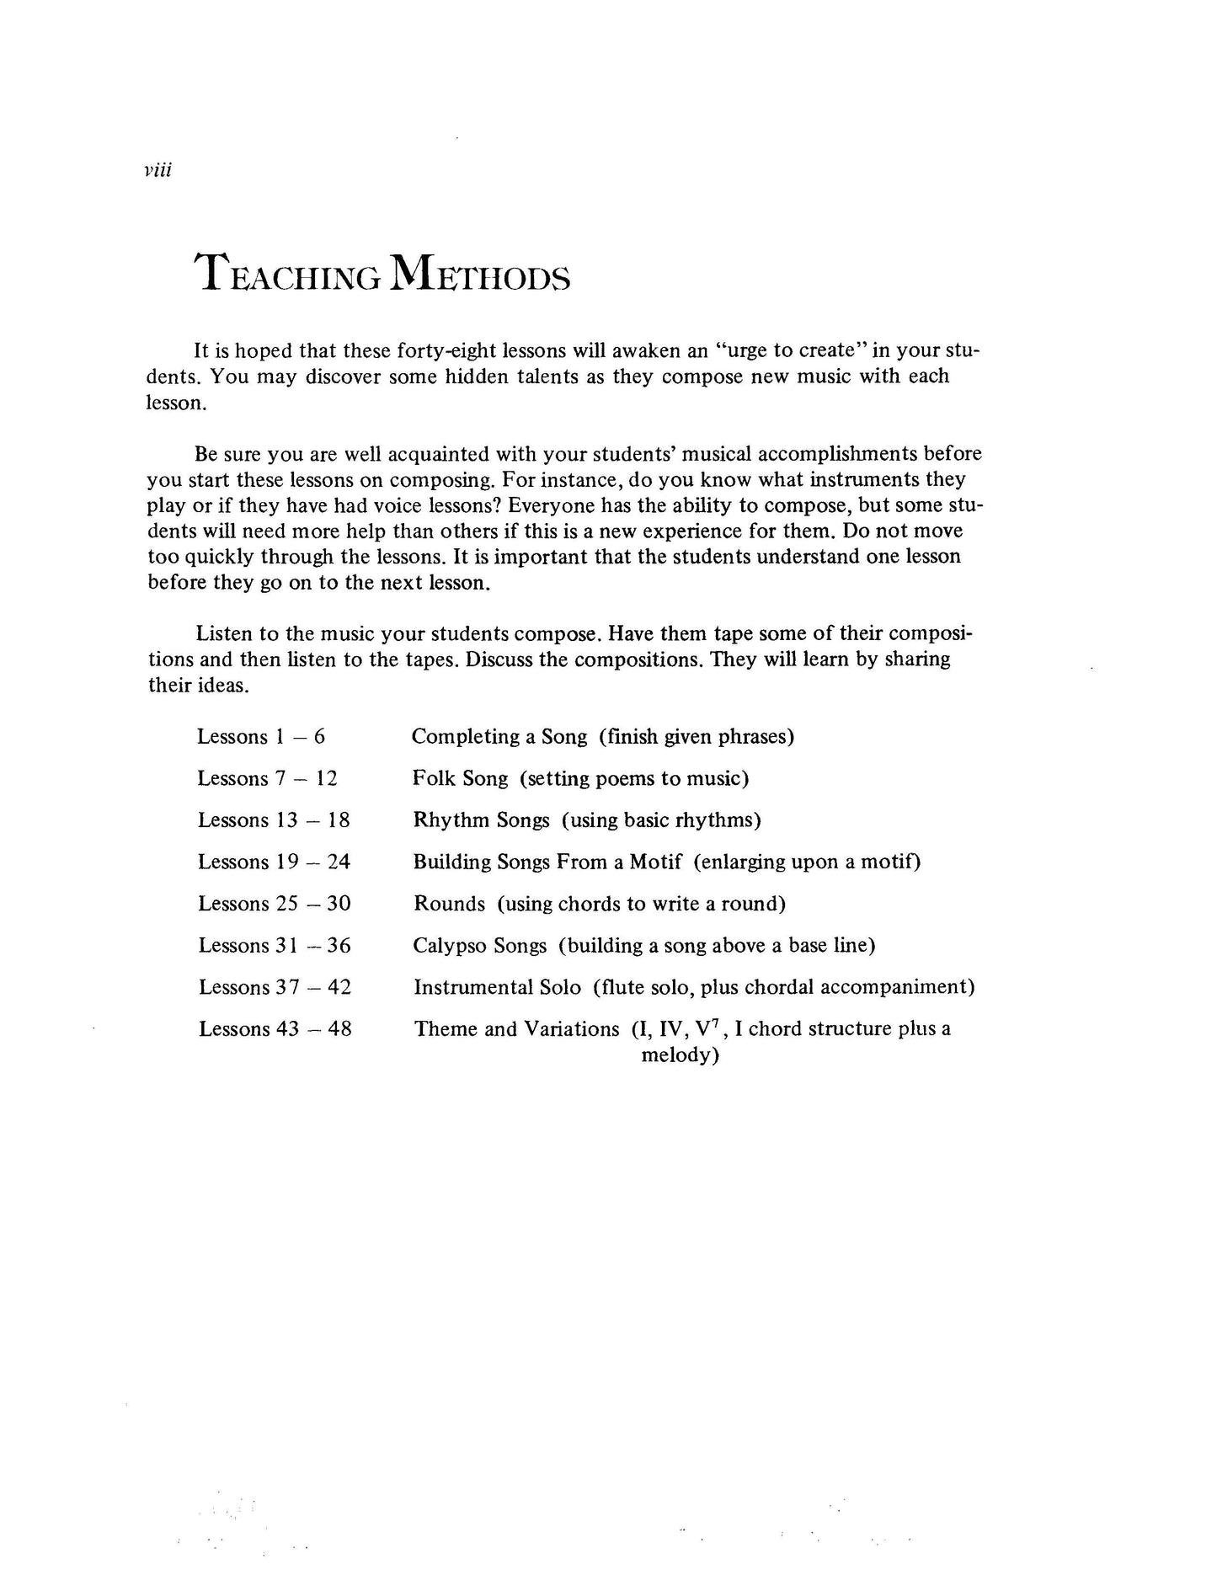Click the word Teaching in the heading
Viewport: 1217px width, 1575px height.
coord(286,275)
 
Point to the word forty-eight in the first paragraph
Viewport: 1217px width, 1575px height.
coord(436,350)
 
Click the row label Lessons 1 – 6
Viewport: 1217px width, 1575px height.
coord(261,737)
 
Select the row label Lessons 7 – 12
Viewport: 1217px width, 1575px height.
coord(267,778)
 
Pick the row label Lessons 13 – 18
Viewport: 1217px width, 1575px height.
coord(274,820)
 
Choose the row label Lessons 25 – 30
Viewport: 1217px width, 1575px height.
coord(275,904)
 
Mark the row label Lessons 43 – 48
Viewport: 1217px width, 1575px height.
coord(275,1028)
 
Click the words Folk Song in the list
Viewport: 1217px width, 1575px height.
coord(460,778)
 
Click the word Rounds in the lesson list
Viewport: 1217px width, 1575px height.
coord(449,904)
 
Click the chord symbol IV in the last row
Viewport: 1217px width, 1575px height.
coord(669,1028)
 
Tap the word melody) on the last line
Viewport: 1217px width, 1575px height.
coord(680,1055)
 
